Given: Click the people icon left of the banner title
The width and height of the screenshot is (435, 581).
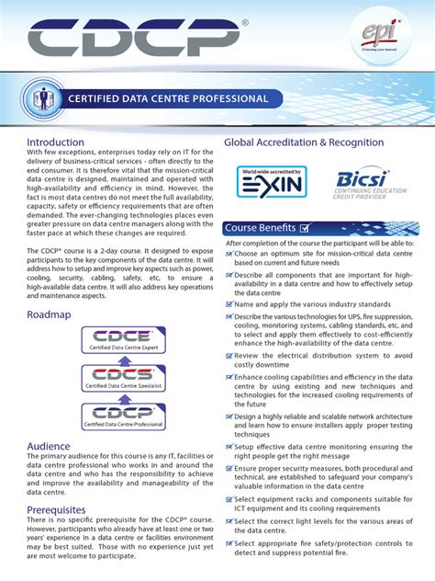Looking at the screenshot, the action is point(39,97).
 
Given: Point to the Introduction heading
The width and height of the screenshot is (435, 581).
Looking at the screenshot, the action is point(55,142).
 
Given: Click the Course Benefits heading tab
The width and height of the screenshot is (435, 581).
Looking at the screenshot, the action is point(261,227).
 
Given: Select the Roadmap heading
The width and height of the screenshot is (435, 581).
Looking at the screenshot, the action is point(48,314).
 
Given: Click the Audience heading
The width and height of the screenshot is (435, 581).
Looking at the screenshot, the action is point(49,446).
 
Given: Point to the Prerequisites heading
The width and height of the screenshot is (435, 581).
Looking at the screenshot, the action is point(56,509).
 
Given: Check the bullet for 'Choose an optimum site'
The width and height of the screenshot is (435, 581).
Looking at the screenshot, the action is point(229,253).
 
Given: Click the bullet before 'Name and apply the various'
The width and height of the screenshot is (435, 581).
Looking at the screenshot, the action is point(229,303).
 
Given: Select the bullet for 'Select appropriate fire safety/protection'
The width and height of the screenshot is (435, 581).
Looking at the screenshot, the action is point(229,546).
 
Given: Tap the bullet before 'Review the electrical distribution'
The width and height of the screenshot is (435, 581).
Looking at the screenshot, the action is point(229,355).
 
